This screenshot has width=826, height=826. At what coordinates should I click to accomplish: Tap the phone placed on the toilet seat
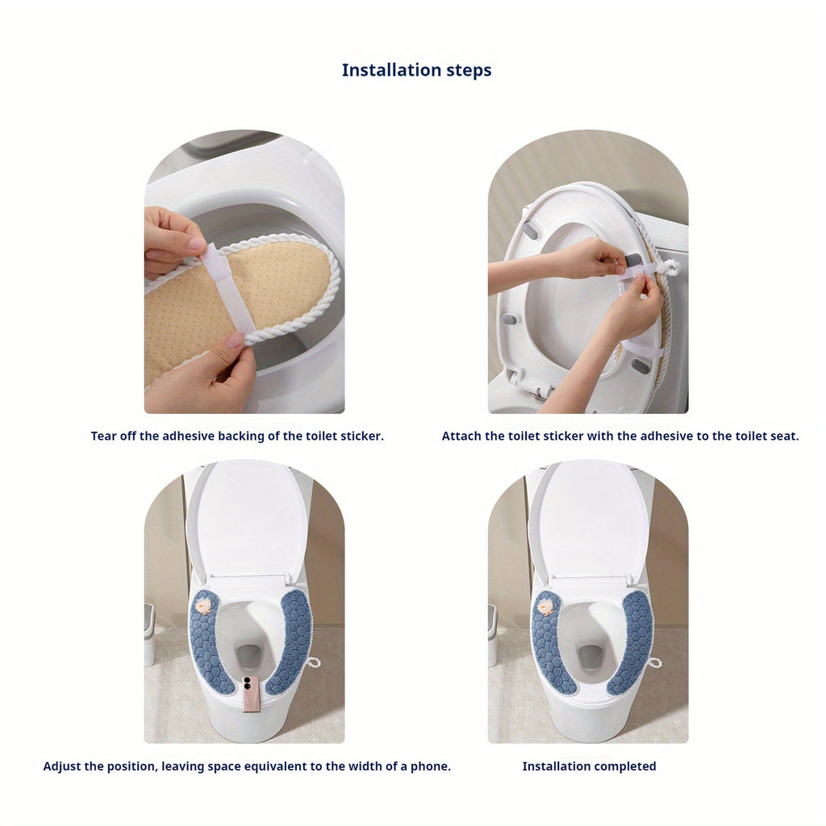point(251,692)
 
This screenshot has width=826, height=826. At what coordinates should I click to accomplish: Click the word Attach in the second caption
point(461,436)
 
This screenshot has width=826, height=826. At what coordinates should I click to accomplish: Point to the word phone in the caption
point(433,766)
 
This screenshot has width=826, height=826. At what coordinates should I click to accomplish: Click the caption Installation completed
point(589,766)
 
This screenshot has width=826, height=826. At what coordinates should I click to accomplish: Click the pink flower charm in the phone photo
point(205,604)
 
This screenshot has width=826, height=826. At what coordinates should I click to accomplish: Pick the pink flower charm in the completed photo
point(549,604)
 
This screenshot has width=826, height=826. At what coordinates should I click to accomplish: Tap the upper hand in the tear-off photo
point(171,238)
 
